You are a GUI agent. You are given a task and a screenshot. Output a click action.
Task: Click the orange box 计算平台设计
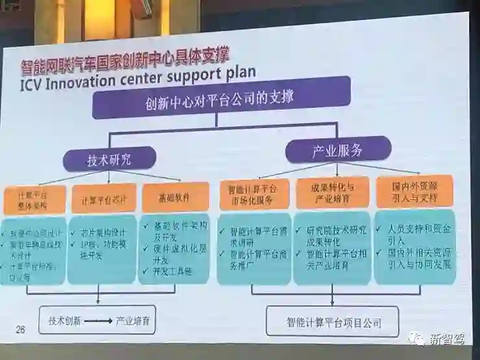pyautogui.click(x=103, y=198)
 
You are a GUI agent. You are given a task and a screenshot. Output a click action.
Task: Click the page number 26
pyautogui.click(x=20, y=330)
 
